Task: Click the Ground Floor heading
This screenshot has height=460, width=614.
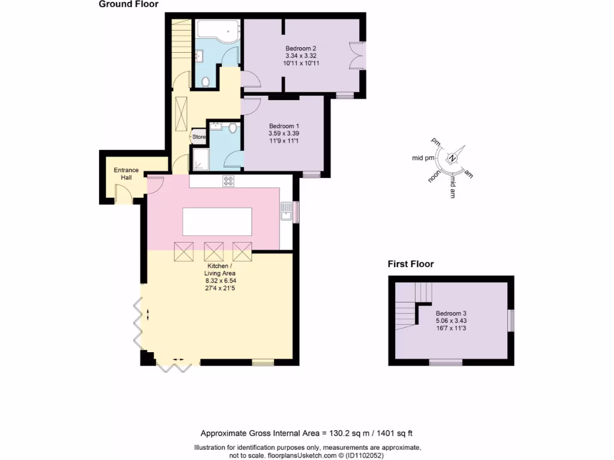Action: click(128, 5)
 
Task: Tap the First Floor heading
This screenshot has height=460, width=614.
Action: click(410, 264)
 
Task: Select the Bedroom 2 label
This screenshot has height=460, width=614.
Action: click(300, 49)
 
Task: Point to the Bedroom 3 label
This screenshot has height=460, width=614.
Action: click(451, 314)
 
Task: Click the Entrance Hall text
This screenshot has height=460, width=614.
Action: click(126, 174)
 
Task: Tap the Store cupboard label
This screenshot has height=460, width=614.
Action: click(198, 137)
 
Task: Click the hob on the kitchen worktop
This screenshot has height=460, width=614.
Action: click(228, 181)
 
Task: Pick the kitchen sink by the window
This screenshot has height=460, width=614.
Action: click(286, 211)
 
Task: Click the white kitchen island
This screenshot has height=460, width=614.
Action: click(217, 222)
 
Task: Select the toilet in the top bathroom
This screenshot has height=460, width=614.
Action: click(206, 82)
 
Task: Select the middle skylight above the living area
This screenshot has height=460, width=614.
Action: click(213, 251)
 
